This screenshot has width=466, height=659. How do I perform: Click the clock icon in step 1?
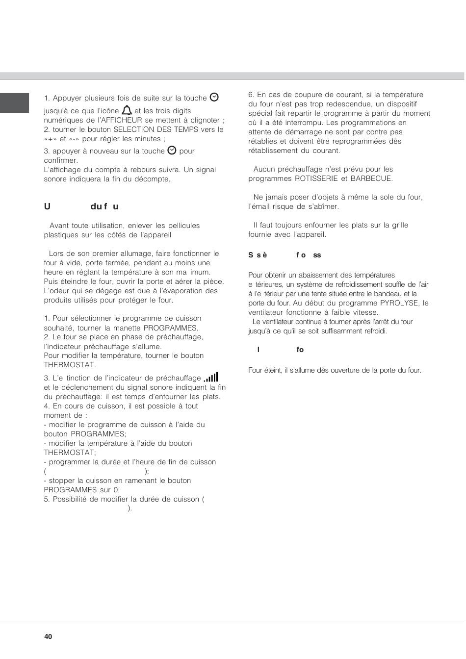click(214, 97)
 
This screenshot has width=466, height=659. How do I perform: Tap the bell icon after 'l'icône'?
click(127, 110)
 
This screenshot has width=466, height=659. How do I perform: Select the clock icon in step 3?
click(172, 151)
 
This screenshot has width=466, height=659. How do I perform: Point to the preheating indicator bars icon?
click(211, 377)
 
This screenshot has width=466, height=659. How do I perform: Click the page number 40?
click(48, 636)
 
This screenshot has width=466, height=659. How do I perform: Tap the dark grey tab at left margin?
click(14, 103)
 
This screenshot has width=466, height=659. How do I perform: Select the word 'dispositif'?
click(400, 104)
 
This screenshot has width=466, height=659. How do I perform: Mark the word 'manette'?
click(121, 328)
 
